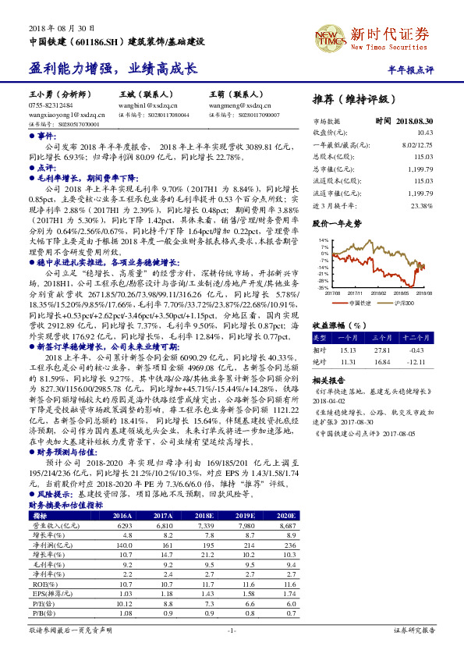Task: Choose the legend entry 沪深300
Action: [399, 302]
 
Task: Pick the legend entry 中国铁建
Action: [360, 302]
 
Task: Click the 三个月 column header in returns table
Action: [381, 338]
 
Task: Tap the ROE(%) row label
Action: [40, 583]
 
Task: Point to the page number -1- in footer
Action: [232, 630]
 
